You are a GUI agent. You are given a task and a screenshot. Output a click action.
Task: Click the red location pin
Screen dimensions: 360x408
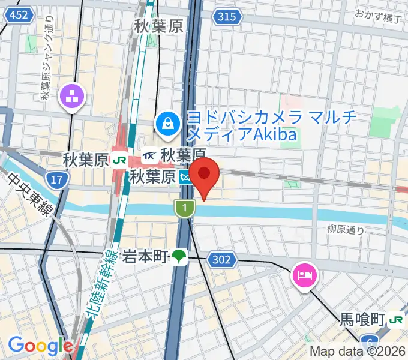(205, 175)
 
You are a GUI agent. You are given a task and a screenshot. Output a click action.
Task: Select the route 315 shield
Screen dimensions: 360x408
(227, 17)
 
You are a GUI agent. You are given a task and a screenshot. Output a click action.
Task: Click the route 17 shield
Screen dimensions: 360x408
(57, 179)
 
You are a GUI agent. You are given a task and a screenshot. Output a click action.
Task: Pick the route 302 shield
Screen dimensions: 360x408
(220, 259)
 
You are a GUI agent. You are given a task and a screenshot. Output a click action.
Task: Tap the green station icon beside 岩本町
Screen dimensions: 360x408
(179, 257)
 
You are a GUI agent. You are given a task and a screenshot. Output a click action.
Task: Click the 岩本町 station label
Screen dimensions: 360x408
(145, 257)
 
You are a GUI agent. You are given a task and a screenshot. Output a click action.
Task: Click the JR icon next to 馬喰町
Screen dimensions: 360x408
(396, 320)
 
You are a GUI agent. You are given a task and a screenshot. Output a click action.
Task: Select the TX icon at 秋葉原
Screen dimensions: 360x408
(150, 157)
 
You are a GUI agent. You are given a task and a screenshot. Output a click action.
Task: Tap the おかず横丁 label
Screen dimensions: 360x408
(377, 14)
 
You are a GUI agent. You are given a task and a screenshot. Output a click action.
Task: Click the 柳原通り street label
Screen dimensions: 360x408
(346, 229)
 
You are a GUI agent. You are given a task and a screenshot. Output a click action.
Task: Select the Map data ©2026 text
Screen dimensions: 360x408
(358, 352)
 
